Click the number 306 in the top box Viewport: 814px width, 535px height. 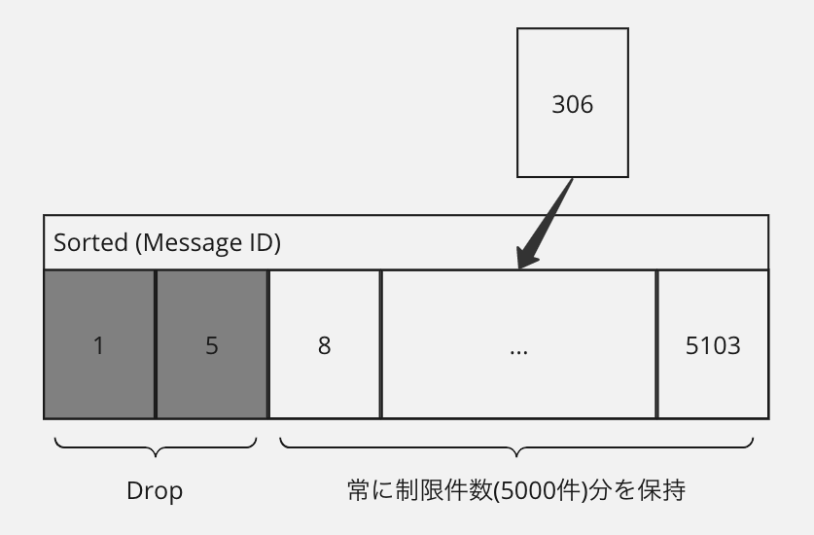pos(572,104)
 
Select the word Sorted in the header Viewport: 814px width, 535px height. pos(90,242)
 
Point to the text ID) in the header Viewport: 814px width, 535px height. pos(260,242)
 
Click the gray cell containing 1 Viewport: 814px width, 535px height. pos(98,344)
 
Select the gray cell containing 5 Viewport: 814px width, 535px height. pos(212,344)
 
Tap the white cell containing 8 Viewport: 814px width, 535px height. pos(324,344)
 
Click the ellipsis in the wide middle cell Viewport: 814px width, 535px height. pos(518,346)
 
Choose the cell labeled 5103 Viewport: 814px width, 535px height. pos(713,344)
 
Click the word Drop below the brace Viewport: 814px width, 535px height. pos(155,491)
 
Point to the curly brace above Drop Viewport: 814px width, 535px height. pos(156,448)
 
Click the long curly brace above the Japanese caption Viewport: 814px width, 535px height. pos(516,448)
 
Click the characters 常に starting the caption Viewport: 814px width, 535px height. pos(371,490)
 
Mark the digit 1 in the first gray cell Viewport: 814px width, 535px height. pos(98,345)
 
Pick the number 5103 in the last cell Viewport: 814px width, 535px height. pos(713,345)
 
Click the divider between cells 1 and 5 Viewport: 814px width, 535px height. pos(156,344)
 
